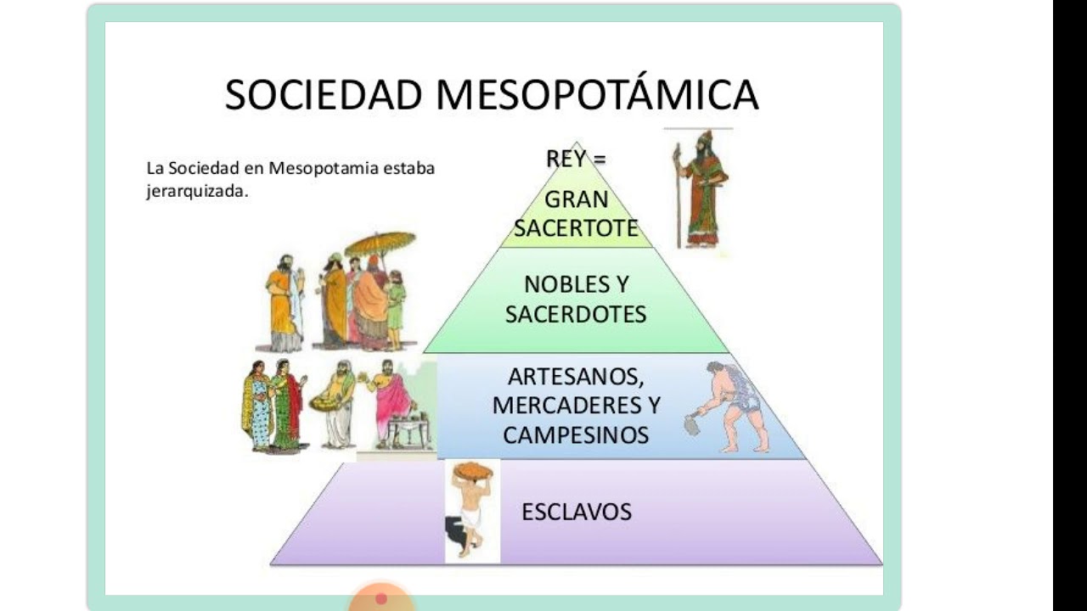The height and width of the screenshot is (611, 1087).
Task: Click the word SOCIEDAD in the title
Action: click(324, 95)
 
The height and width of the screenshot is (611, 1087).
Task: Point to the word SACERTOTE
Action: click(576, 228)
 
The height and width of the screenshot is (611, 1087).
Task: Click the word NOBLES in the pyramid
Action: click(560, 284)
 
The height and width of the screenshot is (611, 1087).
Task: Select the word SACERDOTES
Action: click(576, 314)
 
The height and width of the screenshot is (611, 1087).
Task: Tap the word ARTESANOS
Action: click(576, 378)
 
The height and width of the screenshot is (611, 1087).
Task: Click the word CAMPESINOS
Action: click(576, 435)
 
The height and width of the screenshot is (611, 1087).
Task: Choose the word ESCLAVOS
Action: click(577, 512)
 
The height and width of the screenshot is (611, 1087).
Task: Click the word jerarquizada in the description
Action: click(197, 192)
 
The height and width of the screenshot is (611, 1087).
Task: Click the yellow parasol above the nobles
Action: click(380, 244)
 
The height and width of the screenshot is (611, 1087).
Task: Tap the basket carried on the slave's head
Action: click(472, 470)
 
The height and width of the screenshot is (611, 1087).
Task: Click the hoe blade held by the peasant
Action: click(691, 423)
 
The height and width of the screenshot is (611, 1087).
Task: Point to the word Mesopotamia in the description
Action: click(324, 168)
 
